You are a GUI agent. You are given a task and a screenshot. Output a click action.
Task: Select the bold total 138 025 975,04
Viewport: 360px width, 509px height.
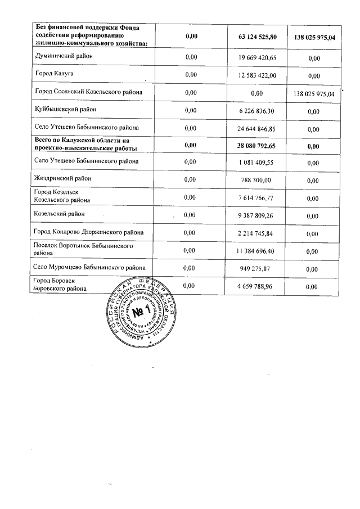[x=314, y=38]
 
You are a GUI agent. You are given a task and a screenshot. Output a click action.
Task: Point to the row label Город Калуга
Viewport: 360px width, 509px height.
[x=55, y=74]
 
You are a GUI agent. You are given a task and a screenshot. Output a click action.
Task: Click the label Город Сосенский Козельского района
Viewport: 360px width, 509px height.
[x=88, y=92]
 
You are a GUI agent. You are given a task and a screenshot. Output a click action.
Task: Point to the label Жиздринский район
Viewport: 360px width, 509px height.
[x=62, y=178]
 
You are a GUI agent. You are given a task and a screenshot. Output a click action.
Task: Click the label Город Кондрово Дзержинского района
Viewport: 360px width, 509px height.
[x=88, y=232]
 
